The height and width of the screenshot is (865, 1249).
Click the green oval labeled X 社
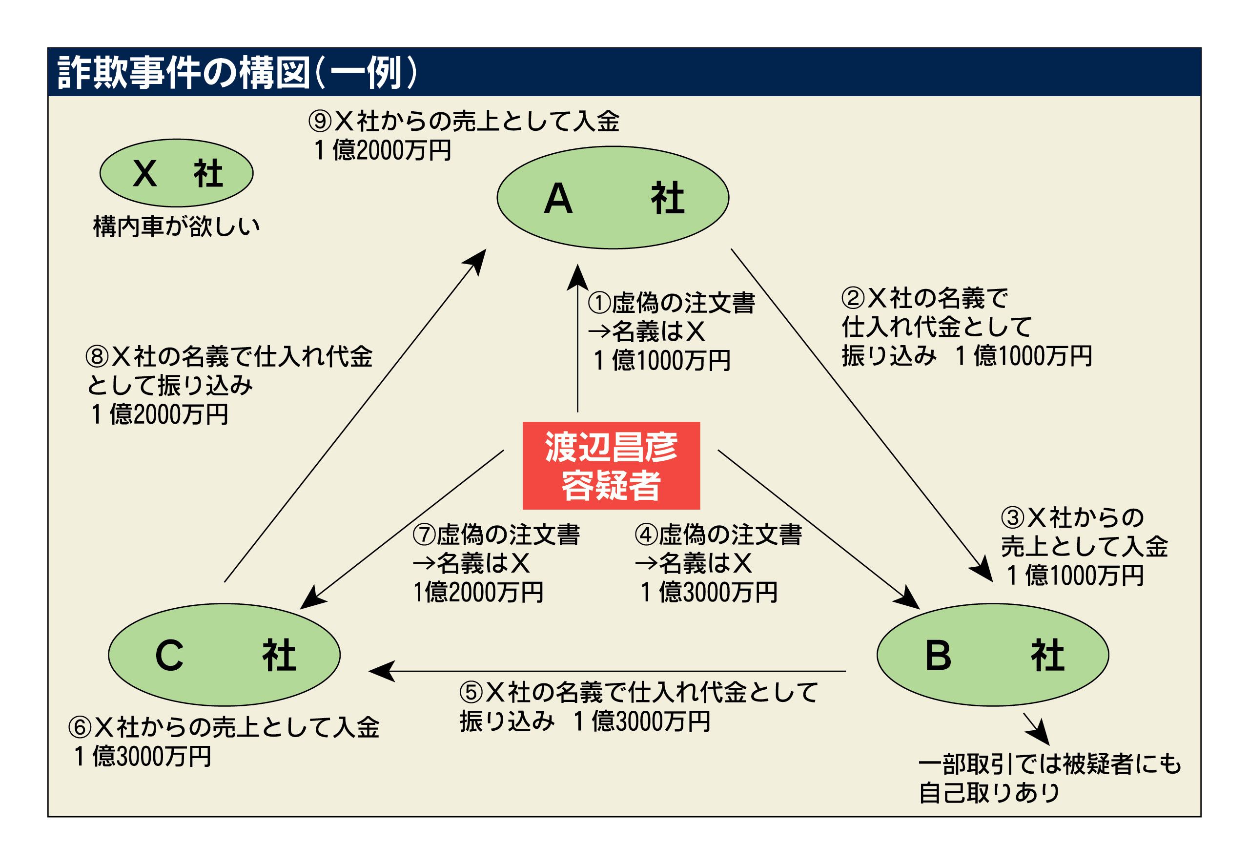pos(176,173)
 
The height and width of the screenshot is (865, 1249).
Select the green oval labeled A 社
pos(613,197)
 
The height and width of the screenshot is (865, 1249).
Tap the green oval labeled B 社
pos(992,655)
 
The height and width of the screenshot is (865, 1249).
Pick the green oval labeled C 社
pos(224,655)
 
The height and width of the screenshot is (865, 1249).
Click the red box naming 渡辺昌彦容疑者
pos(611,465)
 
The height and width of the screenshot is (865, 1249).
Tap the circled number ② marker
pos(852,298)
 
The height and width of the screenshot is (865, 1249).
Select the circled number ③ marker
pos(1012,517)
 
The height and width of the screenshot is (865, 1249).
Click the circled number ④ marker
pos(645,535)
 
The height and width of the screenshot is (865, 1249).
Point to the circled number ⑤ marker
pos(471,692)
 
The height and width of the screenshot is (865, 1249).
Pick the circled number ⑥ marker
pos(79,727)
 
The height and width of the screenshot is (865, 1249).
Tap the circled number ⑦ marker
pos(424,535)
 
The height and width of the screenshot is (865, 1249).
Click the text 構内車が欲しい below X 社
pos(176,227)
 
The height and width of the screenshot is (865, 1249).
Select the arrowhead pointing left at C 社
pos(380,671)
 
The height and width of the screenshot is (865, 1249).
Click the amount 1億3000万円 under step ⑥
pos(143,757)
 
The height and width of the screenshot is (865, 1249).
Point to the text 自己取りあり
pos(989,793)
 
